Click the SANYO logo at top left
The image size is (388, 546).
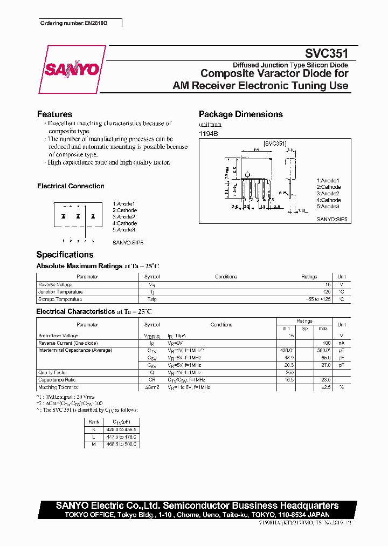click(x=72, y=70)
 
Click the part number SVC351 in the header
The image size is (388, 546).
click(x=327, y=53)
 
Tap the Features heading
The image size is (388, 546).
click(x=54, y=114)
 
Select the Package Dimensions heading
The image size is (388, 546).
click(x=240, y=114)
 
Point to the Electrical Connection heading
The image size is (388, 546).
click(x=71, y=186)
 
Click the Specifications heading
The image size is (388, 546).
click(x=65, y=255)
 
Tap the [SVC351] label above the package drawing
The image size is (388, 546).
click(x=275, y=144)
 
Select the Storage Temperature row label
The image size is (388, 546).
click(x=60, y=299)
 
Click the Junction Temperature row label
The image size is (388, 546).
click(x=60, y=292)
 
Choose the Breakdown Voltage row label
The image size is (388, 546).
click(x=58, y=336)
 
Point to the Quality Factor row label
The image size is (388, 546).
click(x=52, y=372)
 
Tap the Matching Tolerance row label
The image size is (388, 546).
click(x=58, y=387)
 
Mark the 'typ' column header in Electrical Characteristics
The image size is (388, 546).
click(x=304, y=329)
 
